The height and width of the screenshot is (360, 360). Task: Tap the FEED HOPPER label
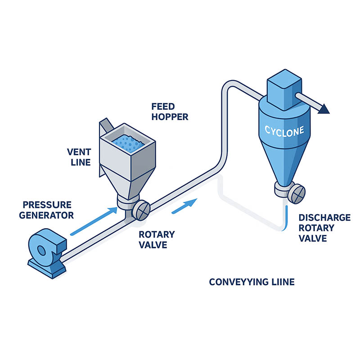point(170,112)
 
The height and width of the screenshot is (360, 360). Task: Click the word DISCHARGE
point(324,218)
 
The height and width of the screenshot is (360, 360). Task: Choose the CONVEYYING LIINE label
point(252,282)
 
